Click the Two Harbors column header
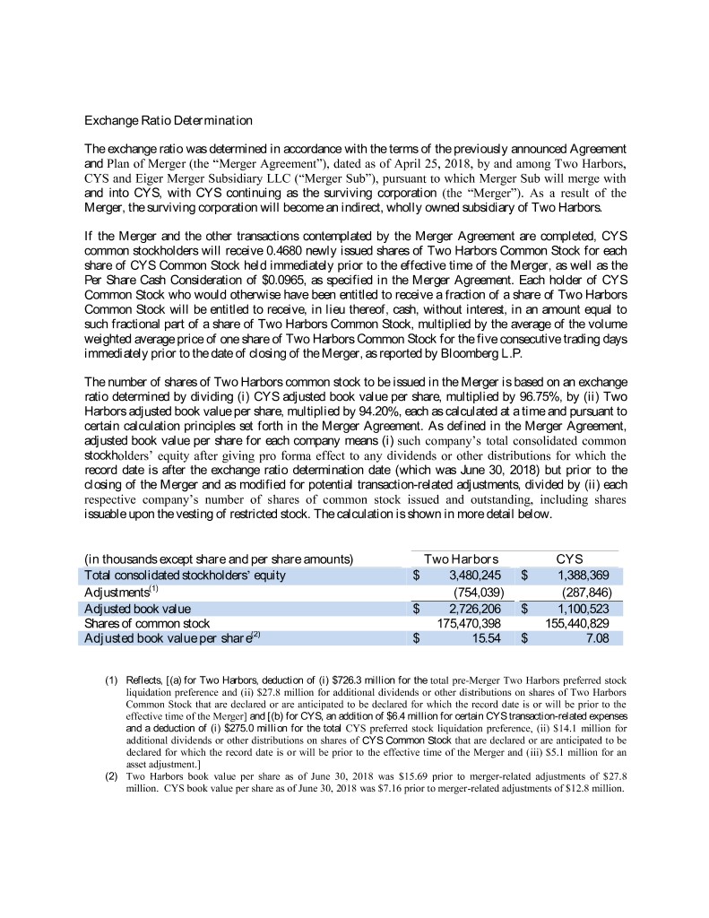pos(461,559)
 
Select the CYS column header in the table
pos(570,559)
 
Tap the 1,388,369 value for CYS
pos(584,576)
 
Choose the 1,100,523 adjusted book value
pos(584,608)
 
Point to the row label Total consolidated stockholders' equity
pos(185,576)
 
